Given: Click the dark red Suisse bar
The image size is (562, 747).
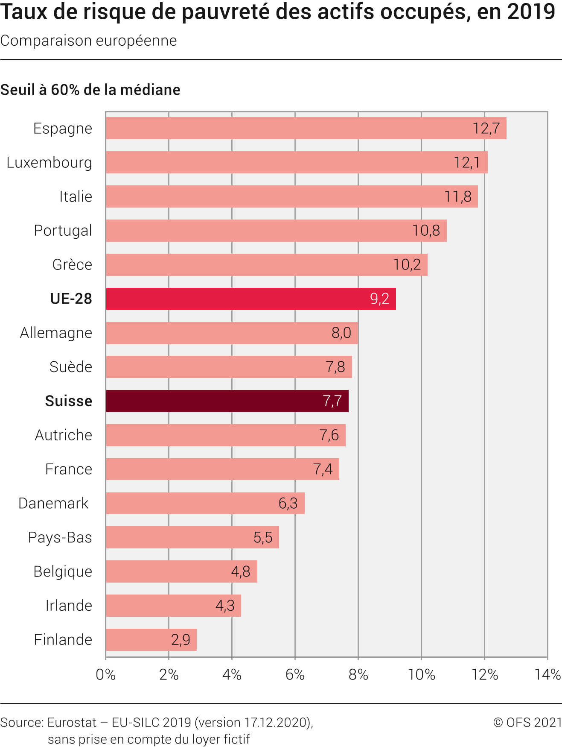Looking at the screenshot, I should point(227,401).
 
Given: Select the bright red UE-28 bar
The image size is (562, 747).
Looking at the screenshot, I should point(251,299).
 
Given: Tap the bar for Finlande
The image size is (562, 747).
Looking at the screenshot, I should point(151,640).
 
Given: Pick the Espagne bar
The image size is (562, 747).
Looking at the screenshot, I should point(306,128).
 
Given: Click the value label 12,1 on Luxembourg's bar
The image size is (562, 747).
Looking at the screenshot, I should point(467,163).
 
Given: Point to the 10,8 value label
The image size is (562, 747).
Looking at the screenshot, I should point(426,231).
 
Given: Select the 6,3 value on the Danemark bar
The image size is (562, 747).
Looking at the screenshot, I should point(288,504).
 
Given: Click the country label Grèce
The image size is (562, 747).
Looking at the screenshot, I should point(72,265).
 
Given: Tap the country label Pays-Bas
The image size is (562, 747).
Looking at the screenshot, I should point(60,537).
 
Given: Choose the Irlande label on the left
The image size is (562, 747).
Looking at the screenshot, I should point(69,606).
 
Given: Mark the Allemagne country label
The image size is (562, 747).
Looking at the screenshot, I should point(56,333).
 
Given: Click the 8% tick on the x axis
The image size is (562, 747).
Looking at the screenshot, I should point(358,675).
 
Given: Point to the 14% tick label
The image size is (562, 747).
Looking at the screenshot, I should point(547,675).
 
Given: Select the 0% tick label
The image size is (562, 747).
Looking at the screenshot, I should point(106,675).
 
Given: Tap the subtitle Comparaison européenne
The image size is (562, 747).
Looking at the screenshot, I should point(88,41).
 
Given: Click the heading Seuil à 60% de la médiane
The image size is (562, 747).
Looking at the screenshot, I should point(90,90).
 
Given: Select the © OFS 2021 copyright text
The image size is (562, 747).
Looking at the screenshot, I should point(527,722).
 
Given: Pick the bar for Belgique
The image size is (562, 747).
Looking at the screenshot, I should point(181,571).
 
